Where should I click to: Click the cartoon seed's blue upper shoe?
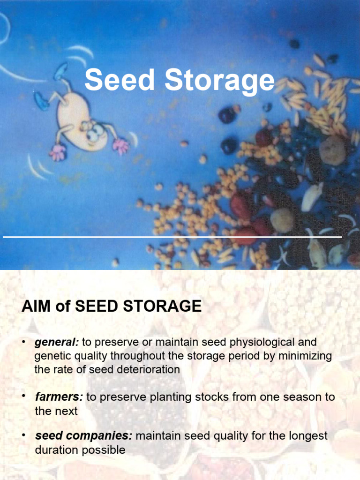tap(60, 72)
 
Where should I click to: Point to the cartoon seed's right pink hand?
tap(120, 146)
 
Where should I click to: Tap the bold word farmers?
tap(59, 397)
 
